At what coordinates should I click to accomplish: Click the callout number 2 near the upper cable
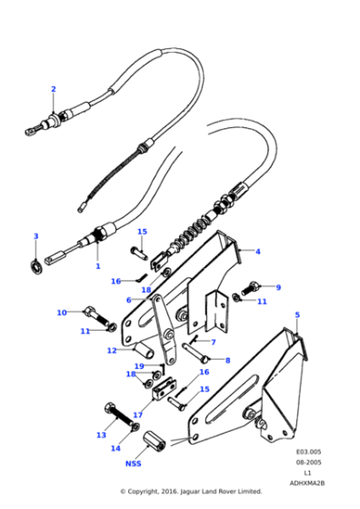click(x=54, y=89)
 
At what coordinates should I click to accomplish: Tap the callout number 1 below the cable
click(x=97, y=267)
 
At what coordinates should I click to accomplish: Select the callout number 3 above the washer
click(x=35, y=236)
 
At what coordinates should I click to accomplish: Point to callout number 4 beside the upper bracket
click(x=257, y=251)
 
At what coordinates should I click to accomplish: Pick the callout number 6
click(x=128, y=299)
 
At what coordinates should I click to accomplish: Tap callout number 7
click(x=213, y=343)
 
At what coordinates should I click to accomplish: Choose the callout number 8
click(x=226, y=360)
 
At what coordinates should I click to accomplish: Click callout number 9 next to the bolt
click(x=278, y=287)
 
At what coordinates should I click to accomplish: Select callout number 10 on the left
click(x=62, y=313)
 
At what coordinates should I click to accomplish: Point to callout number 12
click(x=111, y=350)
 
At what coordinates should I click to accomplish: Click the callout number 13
click(x=102, y=435)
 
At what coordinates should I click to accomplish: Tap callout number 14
click(x=115, y=448)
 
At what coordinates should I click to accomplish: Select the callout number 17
click(x=138, y=414)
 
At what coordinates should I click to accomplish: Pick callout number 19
click(x=139, y=365)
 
